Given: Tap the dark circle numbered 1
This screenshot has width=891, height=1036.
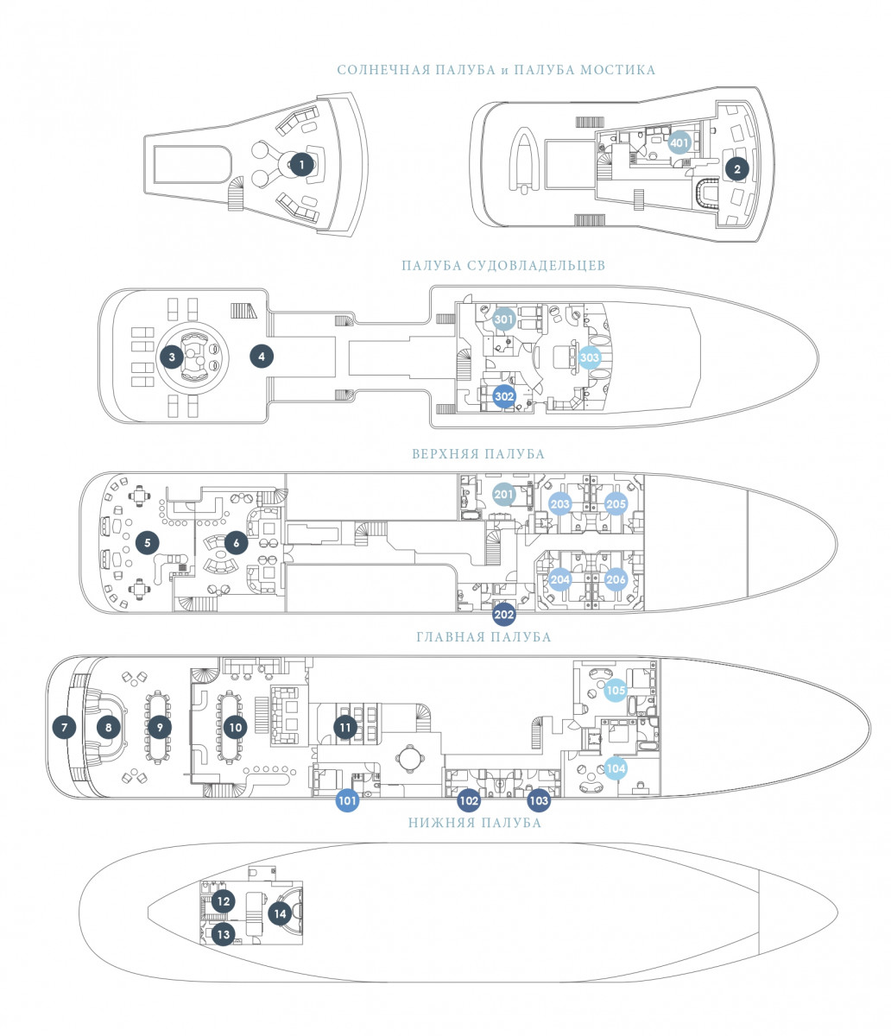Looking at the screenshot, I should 300,164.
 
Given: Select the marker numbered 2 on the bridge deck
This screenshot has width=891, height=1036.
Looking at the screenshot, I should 736,168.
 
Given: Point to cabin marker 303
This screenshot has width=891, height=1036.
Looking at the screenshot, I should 589,357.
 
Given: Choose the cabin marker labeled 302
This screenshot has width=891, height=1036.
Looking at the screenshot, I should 504,396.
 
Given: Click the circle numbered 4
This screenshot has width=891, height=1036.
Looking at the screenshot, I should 260,355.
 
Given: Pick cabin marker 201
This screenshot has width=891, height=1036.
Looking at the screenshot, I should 504,494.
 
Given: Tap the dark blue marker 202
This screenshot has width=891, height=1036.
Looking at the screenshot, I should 504,615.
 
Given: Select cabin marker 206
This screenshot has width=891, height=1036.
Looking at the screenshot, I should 615,579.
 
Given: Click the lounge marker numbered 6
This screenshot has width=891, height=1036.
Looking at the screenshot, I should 235,542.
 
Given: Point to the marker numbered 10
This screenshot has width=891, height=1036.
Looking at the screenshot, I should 235,728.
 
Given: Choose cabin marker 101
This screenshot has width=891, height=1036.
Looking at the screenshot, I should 347,800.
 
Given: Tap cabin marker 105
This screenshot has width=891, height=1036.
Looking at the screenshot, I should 615,690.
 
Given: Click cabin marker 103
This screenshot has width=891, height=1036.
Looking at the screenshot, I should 538,800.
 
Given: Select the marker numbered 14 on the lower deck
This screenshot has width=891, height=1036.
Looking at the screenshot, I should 280,913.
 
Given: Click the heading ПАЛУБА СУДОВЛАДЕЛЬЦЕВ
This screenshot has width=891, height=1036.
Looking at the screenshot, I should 503,266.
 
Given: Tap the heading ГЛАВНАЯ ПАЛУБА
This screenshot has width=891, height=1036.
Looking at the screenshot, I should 483,637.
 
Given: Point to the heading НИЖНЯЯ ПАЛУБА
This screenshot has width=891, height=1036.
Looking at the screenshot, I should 475,823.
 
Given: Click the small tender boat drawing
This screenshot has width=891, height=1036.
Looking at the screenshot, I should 525,160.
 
